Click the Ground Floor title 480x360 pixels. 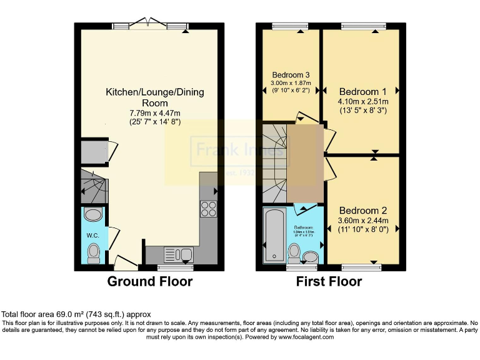click(150, 281)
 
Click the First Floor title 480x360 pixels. click(329, 281)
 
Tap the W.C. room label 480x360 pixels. click(93, 236)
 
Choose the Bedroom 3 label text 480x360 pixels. click(290, 75)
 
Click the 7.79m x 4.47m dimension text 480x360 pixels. click(154, 112)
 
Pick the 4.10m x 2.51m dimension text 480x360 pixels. click(362, 102)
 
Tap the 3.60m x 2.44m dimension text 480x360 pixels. click(362, 221)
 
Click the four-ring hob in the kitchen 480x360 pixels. click(208, 208)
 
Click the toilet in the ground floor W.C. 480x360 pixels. click(94, 252)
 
